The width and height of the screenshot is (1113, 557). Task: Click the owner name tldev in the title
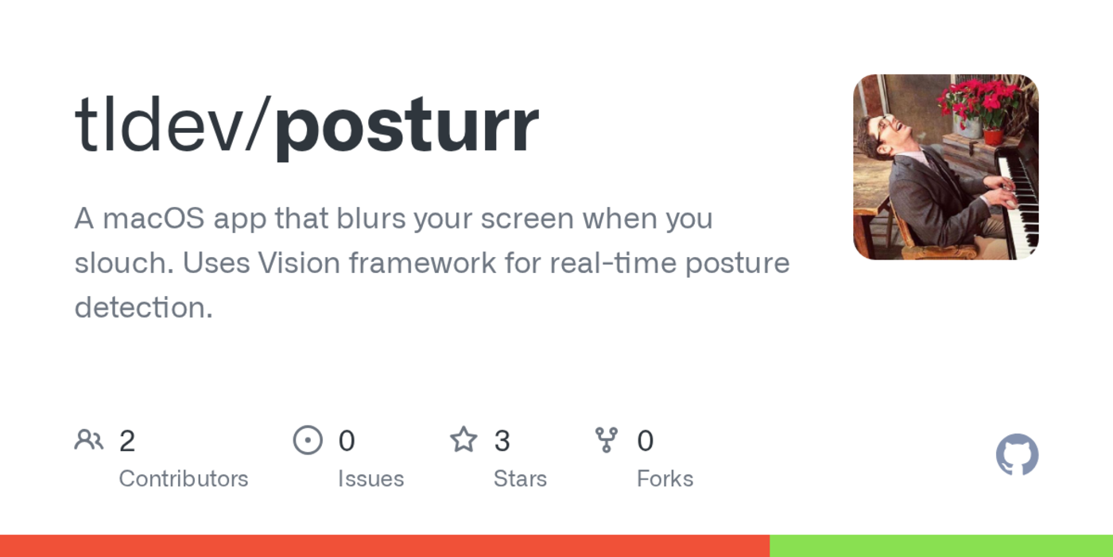pyautogui.click(x=159, y=126)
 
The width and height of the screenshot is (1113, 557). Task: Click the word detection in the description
pyautogui.click(x=143, y=308)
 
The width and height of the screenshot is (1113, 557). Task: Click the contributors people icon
pyautogui.click(x=89, y=440)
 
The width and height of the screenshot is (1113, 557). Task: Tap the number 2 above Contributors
pyautogui.click(x=127, y=441)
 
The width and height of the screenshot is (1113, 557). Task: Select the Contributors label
pyautogui.click(x=184, y=479)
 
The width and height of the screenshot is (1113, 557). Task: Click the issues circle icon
pyautogui.click(x=308, y=440)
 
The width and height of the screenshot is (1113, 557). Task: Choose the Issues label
pyautogui.click(x=370, y=479)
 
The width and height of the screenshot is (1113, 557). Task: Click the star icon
pyautogui.click(x=463, y=440)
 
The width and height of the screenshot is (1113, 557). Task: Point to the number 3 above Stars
pyautogui.click(x=502, y=441)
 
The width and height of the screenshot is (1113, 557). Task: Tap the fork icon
pyautogui.click(x=607, y=440)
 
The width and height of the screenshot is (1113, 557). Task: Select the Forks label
pyautogui.click(x=665, y=479)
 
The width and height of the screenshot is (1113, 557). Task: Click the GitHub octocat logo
pyautogui.click(x=1017, y=455)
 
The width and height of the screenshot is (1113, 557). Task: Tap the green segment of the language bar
pyautogui.click(x=941, y=546)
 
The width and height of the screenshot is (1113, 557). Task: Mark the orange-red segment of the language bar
pyautogui.click(x=385, y=546)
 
